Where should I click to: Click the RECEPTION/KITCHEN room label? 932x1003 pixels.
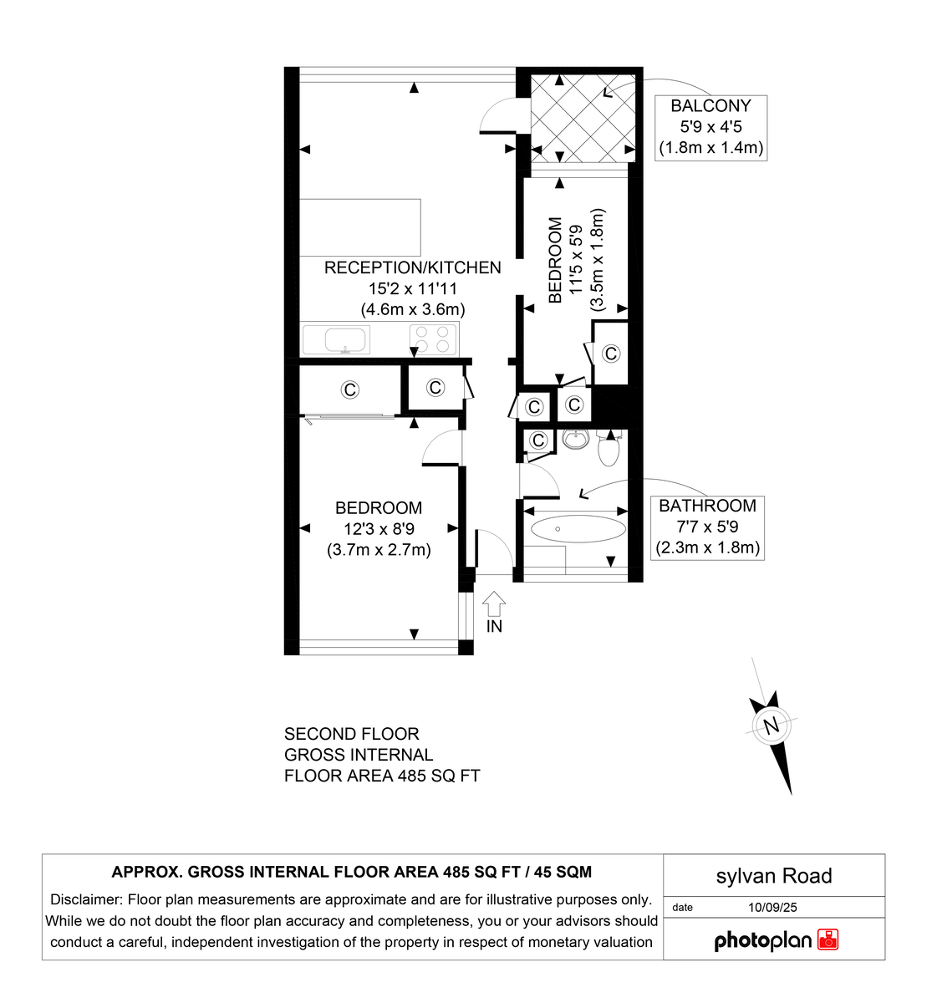click(412, 267)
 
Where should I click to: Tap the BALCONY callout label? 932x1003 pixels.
click(710, 106)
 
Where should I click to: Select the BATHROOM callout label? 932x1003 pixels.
click(707, 506)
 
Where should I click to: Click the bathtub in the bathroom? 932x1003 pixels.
click(578, 528)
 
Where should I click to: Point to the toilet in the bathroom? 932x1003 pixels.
click(609, 451)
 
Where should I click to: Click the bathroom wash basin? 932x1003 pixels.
click(574, 439)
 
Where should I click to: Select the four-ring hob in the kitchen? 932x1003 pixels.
click(434, 339)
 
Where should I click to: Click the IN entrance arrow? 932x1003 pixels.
click(495, 603)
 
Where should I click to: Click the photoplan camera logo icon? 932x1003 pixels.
click(828, 939)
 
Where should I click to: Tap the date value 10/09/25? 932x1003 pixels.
click(773, 907)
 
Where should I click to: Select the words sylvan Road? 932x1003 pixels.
click(774, 876)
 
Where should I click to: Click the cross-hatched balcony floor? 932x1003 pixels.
click(583, 118)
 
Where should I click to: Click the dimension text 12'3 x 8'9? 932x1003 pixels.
click(379, 528)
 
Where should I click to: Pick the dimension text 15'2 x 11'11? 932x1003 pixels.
click(413, 288)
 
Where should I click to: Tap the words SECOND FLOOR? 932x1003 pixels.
click(351, 734)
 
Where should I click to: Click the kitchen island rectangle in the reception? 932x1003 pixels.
click(359, 227)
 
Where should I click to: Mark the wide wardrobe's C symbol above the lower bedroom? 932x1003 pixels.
click(350, 389)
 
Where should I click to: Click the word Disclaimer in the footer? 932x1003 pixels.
click(87, 900)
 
